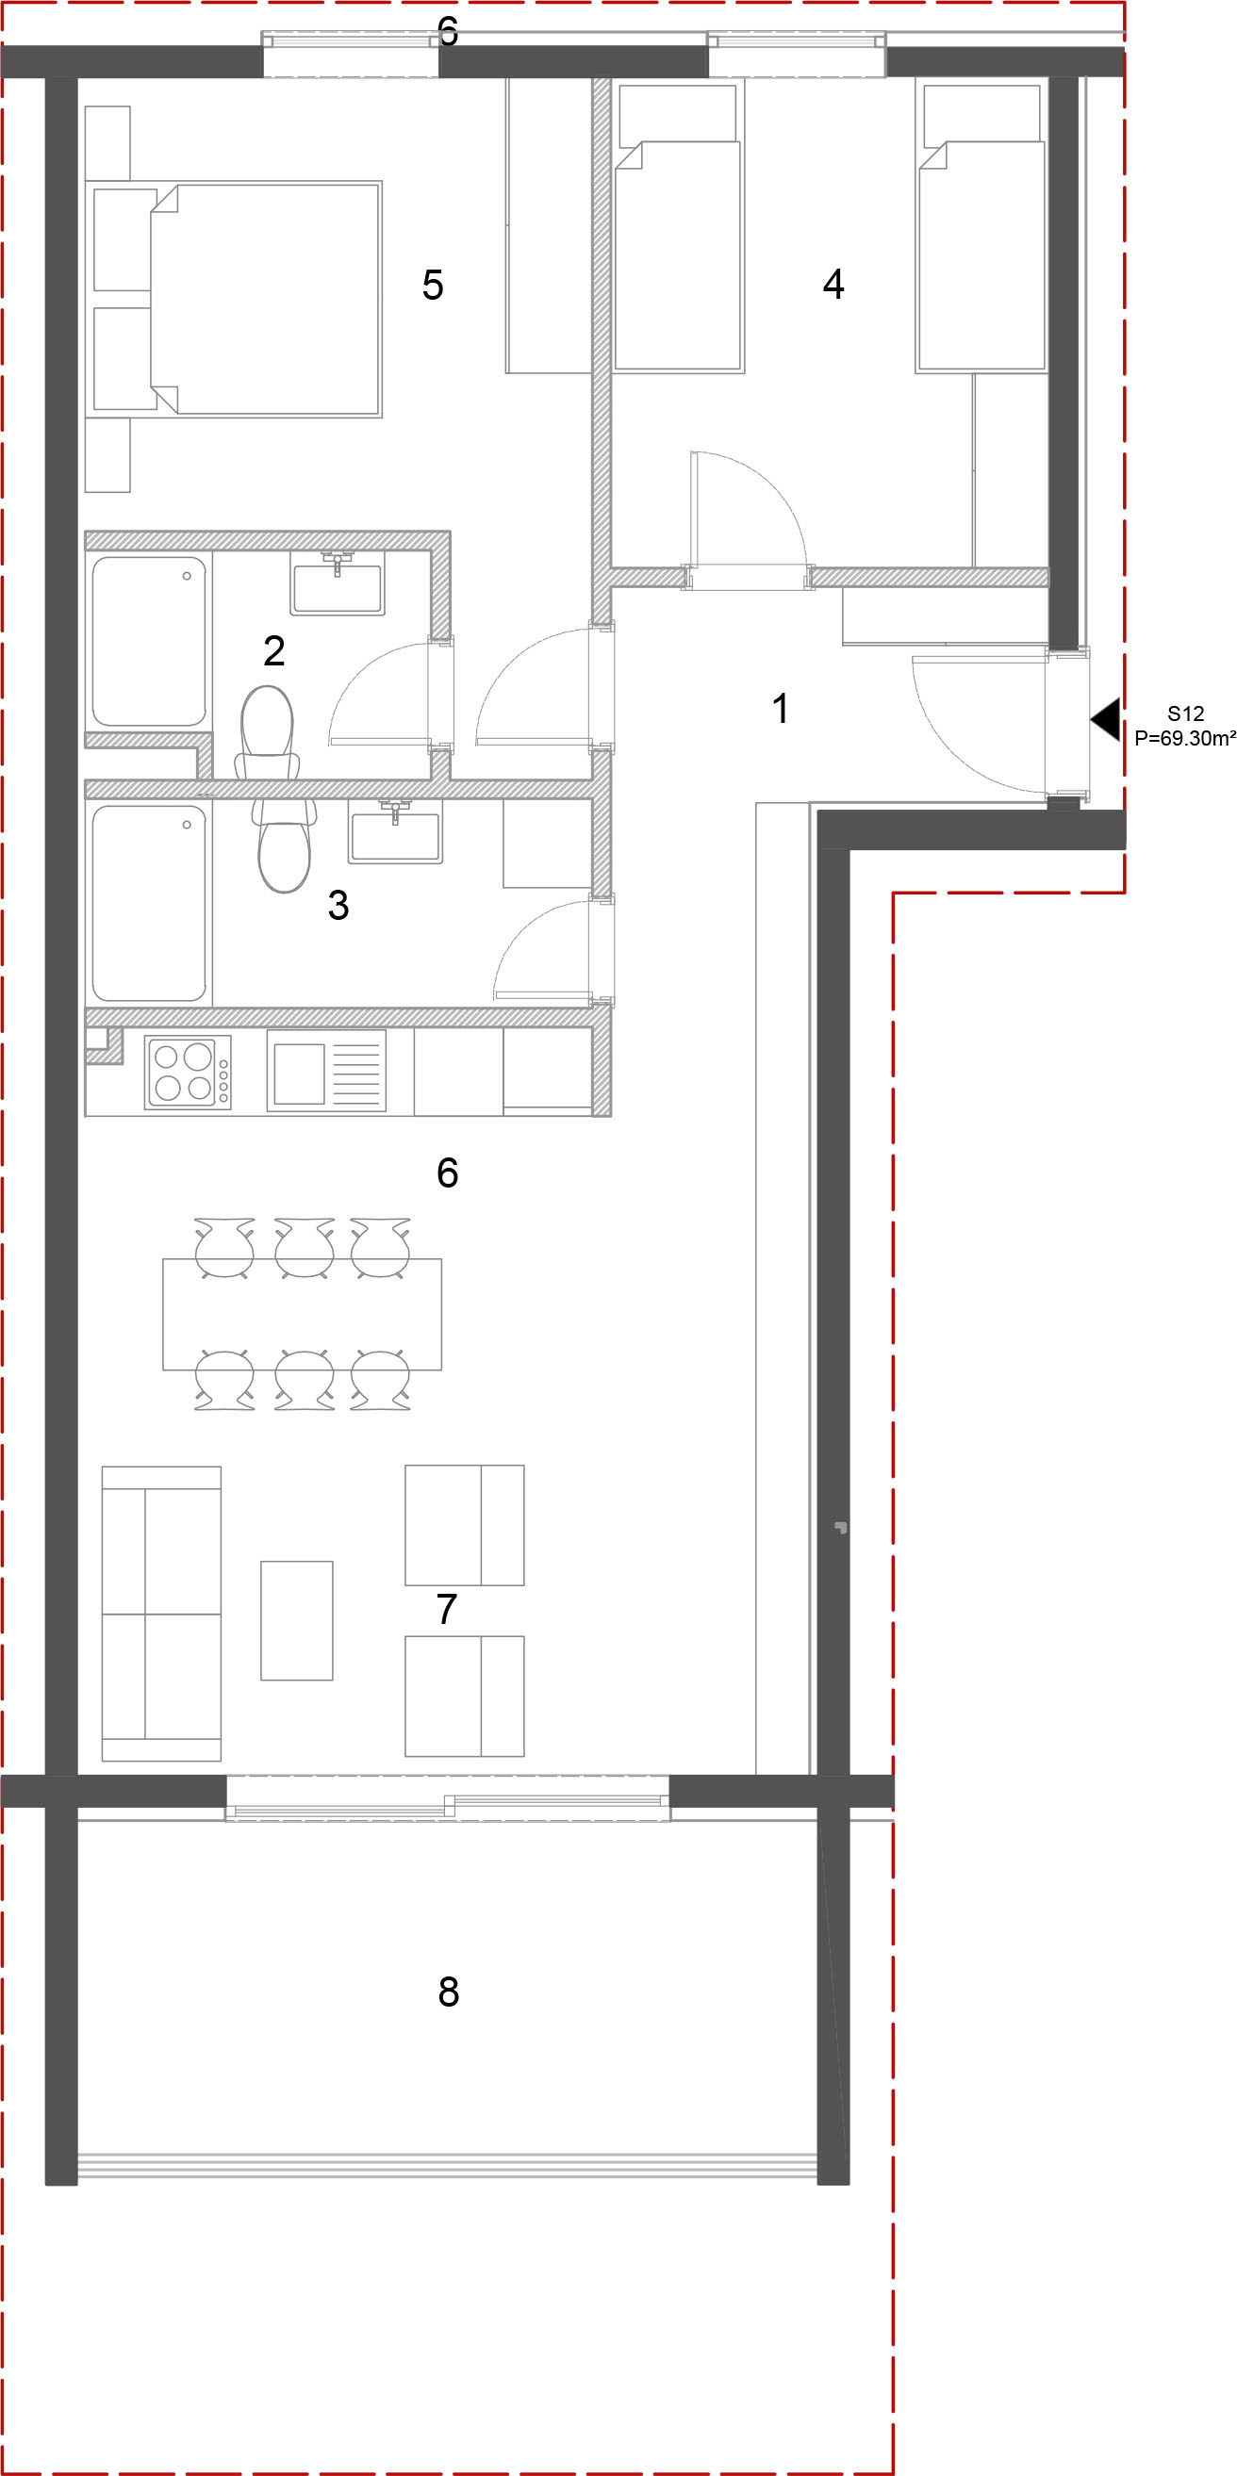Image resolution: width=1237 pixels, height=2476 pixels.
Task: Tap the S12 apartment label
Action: click(1185, 714)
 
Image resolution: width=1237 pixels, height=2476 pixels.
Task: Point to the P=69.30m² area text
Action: click(1184, 738)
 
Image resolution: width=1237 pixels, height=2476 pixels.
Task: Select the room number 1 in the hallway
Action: click(781, 709)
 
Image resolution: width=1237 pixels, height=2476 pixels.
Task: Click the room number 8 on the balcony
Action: click(448, 1992)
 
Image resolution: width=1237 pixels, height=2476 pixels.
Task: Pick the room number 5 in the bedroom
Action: click(433, 285)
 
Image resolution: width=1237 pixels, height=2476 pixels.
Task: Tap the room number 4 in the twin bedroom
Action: click(833, 284)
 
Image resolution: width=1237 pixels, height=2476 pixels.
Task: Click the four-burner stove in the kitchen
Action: click(188, 1073)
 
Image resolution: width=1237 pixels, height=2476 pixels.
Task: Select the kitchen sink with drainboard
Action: click(326, 1071)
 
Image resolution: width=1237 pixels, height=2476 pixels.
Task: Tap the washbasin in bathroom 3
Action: click(395, 831)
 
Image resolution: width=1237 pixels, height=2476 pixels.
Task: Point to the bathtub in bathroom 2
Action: click(149, 641)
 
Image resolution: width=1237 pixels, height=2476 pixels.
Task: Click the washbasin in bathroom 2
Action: click(338, 583)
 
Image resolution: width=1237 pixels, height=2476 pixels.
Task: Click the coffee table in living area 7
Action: click(297, 1620)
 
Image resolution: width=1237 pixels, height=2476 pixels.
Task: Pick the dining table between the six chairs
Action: click(302, 1314)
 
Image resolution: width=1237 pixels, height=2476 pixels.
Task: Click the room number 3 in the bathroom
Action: click(338, 905)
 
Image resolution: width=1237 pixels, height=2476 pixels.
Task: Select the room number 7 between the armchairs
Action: click(446, 1609)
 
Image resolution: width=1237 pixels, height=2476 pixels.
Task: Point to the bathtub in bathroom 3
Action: click(149, 904)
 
